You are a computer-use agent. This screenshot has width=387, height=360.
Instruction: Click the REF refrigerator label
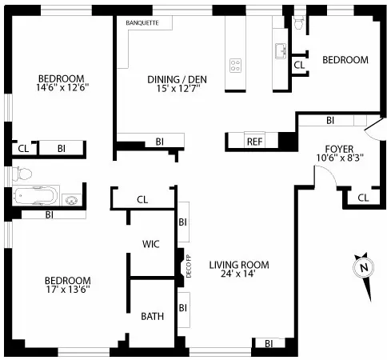[x=254, y=142]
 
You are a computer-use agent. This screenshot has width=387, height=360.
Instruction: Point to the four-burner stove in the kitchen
[x=236, y=65]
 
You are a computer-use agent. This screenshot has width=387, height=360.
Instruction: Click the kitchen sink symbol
[x=280, y=51]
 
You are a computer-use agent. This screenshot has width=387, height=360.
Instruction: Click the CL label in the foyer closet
[x=363, y=198]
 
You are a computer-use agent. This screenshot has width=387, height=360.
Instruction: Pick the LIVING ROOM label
[x=239, y=265]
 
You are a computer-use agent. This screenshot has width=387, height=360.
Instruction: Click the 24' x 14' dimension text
[x=239, y=276]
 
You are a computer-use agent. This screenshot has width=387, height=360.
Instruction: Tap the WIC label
[x=152, y=243]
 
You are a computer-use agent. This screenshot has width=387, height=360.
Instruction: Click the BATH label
[x=152, y=316]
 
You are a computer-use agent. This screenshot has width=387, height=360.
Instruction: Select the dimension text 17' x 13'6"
[x=67, y=291]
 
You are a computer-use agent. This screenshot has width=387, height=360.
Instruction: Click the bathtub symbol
[x=37, y=196]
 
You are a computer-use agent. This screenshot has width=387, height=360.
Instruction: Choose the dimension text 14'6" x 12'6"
[x=62, y=89]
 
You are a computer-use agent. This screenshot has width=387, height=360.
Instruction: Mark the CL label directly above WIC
[x=142, y=199]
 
